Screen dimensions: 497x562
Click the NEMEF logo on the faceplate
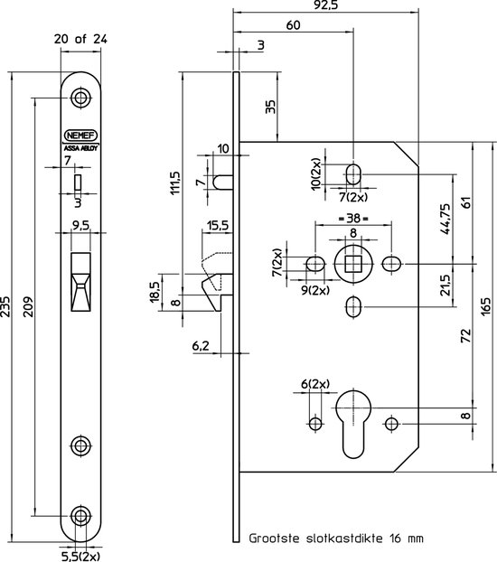(x=80, y=136)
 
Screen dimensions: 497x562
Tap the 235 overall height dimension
(x=5, y=306)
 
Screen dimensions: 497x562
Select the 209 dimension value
(x=29, y=306)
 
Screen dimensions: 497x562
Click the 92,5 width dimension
(x=325, y=5)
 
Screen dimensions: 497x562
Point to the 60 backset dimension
(x=293, y=25)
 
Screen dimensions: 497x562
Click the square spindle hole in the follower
(x=353, y=265)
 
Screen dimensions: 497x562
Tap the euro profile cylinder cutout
(x=353, y=425)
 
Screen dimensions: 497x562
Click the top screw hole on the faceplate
(x=80, y=98)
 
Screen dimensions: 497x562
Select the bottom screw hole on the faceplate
(x=80, y=516)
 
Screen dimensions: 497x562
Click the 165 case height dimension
(x=486, y=306)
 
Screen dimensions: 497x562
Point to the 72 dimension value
(x=465, y=336)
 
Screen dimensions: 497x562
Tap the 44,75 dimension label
(x=445, y=219)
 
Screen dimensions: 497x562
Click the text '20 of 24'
(x=80, y=39)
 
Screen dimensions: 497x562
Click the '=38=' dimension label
(x=353, y=219)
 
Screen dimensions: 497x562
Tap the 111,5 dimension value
(x=176, y=183)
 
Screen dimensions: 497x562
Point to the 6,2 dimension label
(x=201, y=346)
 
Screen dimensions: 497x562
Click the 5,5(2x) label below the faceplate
(x=80, y=557)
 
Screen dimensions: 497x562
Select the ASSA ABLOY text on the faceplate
(x=80, y=148)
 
